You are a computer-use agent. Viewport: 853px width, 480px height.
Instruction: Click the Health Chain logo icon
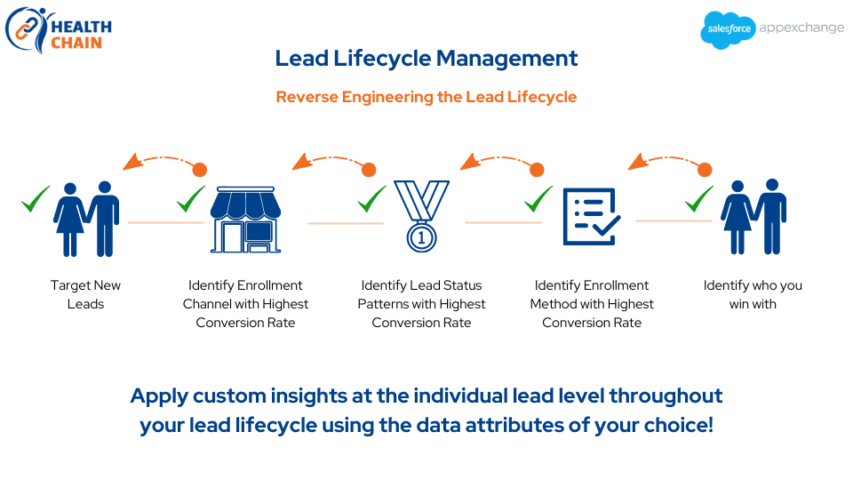27,28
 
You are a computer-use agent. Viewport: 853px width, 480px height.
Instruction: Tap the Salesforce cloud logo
729,29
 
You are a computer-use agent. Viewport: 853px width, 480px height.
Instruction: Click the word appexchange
801,28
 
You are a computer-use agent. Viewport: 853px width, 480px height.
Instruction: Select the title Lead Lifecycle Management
426,59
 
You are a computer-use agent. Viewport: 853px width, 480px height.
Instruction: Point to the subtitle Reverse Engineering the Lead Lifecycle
426,97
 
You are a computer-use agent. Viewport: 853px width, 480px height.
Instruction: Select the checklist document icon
590,216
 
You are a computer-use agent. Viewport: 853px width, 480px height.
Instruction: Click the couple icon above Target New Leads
87,219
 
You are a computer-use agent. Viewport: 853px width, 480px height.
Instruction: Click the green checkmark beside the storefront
191,199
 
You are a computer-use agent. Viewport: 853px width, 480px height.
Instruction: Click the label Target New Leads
86,294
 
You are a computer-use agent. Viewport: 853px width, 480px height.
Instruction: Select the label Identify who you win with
753,294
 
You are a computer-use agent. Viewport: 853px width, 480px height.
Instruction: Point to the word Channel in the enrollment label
208,304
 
